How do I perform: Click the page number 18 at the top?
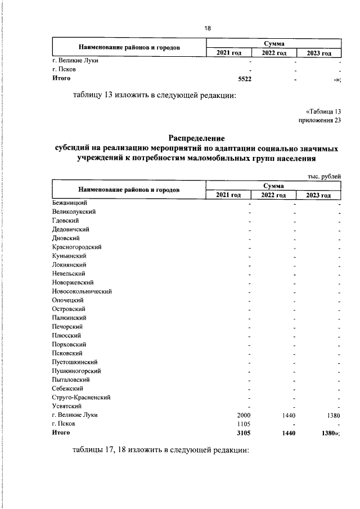[x=207, y=28]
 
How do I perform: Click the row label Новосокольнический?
[x=82, y=291]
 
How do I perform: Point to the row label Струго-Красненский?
[x=81, y=397]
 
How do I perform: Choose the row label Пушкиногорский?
[x=76, y=371]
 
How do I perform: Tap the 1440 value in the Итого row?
[x=287, y=433]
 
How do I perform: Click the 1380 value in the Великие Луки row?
[x=332, y=415]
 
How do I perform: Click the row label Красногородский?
[x=76, y=247]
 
